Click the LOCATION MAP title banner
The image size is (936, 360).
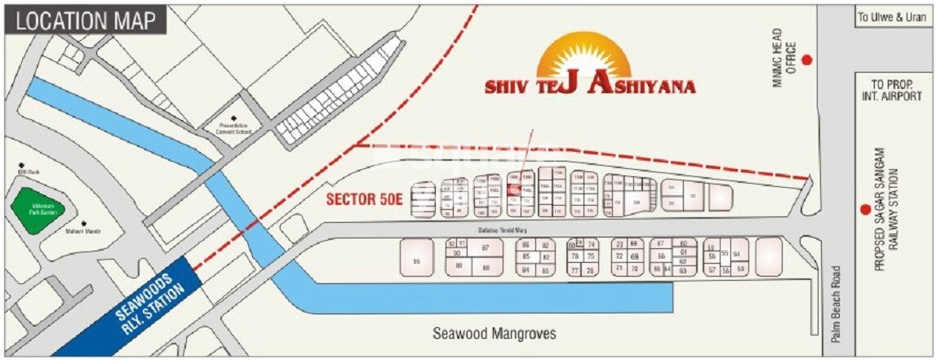point(85,21)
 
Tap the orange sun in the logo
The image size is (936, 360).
point(584,57)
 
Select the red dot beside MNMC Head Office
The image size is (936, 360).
point(807,60)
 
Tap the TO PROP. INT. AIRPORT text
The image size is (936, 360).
point(895,90)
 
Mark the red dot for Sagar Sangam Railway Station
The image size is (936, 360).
point(864,209)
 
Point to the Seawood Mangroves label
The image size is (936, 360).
point(494,334)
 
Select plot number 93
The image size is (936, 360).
point(416,260)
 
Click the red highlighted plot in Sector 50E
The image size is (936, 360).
point(513,189)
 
